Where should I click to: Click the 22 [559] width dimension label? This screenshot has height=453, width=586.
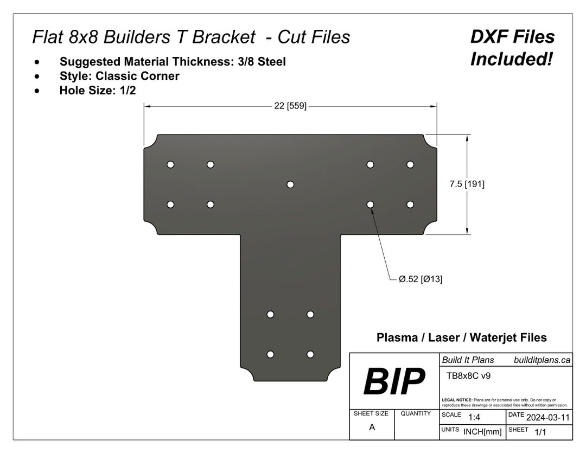point(290,106)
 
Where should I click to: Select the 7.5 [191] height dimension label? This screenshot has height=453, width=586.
point(467,184)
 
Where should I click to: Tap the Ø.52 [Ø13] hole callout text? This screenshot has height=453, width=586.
point(421,279)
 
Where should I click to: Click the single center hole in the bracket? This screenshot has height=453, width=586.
point(290,184)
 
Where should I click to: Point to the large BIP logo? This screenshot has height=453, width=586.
point(394,382)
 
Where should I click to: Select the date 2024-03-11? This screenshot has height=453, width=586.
point(548,418)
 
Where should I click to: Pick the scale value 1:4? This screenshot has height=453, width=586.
point(474,417)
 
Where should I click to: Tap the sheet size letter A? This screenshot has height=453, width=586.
point(372,427)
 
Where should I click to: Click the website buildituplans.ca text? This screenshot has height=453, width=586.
point(542,360)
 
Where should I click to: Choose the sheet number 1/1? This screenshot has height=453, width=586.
point(540,432)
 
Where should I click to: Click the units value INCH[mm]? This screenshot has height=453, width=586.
point(482,432)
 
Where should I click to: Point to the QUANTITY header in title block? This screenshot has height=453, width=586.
point(416,413)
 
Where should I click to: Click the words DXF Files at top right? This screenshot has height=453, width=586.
point(512,37)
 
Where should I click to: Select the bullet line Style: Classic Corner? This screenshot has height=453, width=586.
point(119,76)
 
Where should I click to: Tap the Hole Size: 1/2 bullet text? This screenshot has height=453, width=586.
point(97,91)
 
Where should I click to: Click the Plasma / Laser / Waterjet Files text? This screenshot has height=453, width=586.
point(461,337)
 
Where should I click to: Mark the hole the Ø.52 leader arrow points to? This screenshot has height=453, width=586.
point(370,205)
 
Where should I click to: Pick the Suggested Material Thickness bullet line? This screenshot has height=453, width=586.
point(173,62)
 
